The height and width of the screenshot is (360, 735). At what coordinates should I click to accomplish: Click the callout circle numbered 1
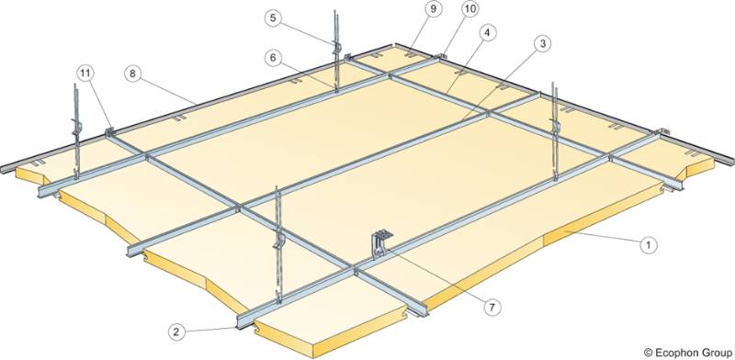[648, 244]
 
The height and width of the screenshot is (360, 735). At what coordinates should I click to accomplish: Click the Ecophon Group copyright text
[684, 351]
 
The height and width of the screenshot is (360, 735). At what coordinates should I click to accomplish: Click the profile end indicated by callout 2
[244, 321]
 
